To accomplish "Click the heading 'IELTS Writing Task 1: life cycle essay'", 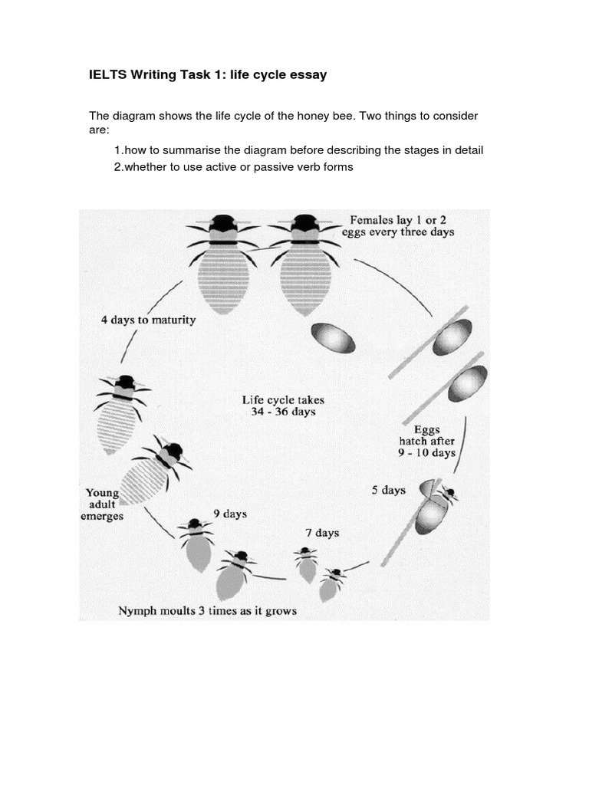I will (x=208, y=75).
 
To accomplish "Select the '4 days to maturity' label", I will (x=148, y=320).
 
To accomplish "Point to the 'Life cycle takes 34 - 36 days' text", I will (x=278, y=406).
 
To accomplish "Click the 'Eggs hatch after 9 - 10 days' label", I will (x=426, y=441).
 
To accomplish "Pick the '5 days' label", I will (x=388, y=490).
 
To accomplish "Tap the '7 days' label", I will (x=321, y=533).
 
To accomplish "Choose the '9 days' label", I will (x=230, y=514).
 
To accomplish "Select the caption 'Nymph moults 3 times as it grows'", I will (x=207, y=611).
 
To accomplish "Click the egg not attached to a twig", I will (x=333, y=337).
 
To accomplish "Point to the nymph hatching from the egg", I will (x=433, y=506).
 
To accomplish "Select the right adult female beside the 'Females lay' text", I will (x=305, y=264).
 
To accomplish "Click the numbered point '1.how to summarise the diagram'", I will (x=299, y=149).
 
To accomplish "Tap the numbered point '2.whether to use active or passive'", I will (x=233, y=166).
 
